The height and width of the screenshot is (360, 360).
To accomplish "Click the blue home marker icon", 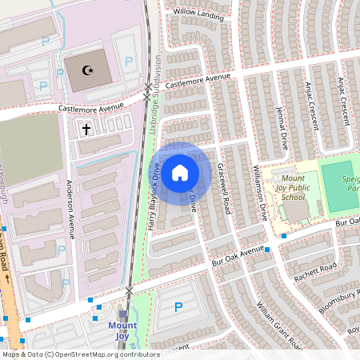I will (x=180, y=172).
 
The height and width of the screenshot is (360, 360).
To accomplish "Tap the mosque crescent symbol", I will (x=88, y=70).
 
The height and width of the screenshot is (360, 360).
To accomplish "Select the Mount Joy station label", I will (x=122, y=330).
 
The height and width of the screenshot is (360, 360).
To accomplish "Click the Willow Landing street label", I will (x=198, y=14).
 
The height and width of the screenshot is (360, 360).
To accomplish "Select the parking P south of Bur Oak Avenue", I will (x=178, y=307).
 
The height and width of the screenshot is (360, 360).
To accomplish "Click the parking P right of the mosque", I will (x=129, y=61).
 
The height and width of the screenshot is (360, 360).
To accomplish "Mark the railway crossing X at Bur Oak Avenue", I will (x=130, y=290).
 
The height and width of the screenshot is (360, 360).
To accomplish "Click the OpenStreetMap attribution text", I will (x=80, y=354).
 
